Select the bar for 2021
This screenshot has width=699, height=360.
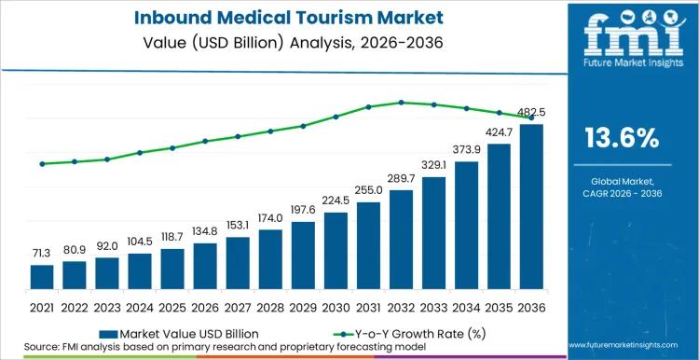point(42,278)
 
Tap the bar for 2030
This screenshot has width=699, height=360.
point(336,252)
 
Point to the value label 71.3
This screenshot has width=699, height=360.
point(42,254)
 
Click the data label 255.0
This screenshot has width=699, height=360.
point(368,190)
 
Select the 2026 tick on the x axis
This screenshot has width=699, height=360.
point(205,307)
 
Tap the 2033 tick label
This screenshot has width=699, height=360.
point(433,307)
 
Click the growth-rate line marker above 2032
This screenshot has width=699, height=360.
point(401,103)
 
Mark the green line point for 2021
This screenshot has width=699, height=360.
point(42,164)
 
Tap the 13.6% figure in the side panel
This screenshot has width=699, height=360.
point(622,139)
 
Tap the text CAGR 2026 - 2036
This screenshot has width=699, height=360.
point(622,193)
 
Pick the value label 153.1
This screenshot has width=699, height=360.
point(238,225)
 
